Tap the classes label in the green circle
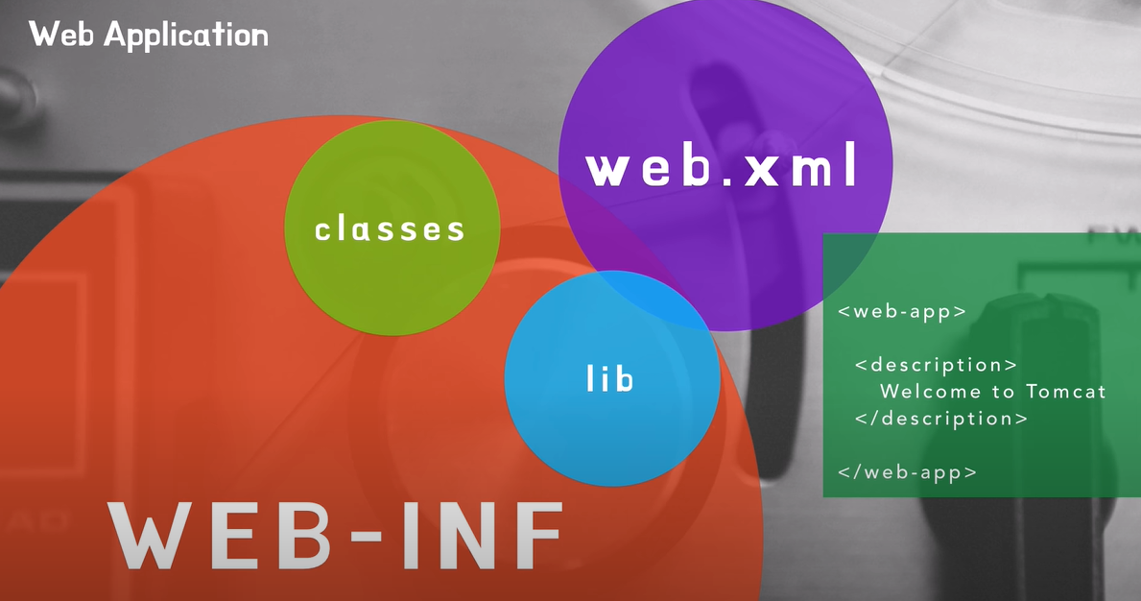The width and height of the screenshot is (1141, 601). pyautogui.click(x=390, y=229)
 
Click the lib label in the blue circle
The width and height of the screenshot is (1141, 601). pyautogui.click(x=610, y=378)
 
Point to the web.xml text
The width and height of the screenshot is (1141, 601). pyautogui.click(x=722, y=168)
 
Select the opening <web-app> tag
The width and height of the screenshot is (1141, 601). pyautogui.click(x=902, y=311)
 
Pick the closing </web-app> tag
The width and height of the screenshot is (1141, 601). pyautogui.click(x=907, y=472)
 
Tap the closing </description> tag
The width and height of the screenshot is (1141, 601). pyautogui.click(x=940, y=419)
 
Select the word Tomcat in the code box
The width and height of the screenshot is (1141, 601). pyautogui.click(x=1066, y=392)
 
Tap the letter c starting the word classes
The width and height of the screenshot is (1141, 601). pyautogui.click(x=323, y=230)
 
